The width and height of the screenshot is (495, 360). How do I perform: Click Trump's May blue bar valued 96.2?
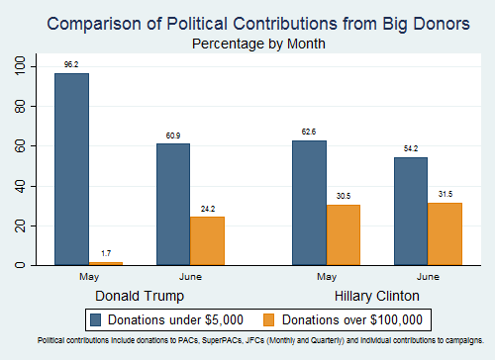(x=71, y=169)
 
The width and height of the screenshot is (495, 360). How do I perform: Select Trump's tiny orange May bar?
(x=107, y=263)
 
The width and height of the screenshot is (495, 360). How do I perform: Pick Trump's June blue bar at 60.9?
(x=173, y=204)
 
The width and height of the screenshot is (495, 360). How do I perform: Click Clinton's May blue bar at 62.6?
(x=308, y=203)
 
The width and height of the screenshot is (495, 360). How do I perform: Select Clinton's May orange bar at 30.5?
(x=343, y=234)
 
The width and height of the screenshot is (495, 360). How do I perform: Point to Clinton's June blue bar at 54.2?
(x=411, y=211)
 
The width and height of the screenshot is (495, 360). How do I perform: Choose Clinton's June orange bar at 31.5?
(x=445, y=233)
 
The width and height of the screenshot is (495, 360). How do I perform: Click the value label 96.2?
(x=72, y=63)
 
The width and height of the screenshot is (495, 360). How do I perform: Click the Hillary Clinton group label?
(x=376, y=296)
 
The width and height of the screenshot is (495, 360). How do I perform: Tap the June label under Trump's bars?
(x=190, y=278)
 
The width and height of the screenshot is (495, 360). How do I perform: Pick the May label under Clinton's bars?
(x=325, y=278)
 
